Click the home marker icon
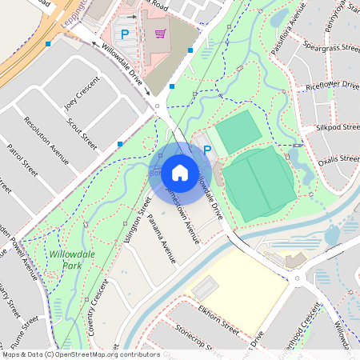pyautogui.click(x=180, y=172)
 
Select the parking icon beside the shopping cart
pyautogui.click(x=125, y=34)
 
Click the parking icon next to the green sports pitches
pyautogui.click(x=207, y=150)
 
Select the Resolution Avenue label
pyautogui.click(x=46, y=139)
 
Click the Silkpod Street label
pyautogui.click(x=337, y=128)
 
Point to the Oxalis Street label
pyautogui.click(x=338, y=159)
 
